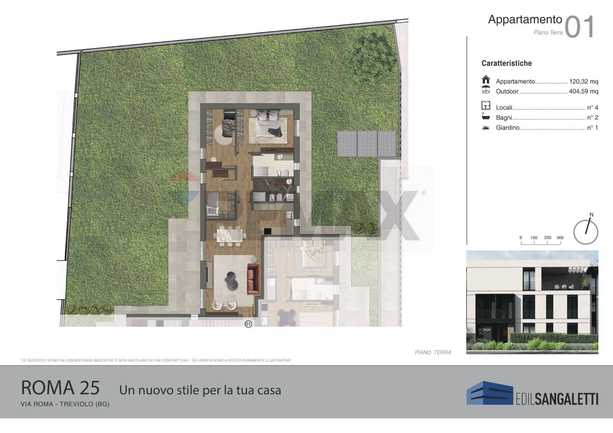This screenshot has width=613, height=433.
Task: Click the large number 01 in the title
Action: pyautogui.click(x=579, y=27)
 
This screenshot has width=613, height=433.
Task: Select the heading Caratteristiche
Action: pyautogui.click(x=506, y=63)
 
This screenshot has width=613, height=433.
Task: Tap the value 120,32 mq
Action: pyautogui.click(x=583, y=82)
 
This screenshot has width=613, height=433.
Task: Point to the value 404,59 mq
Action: pyautogui.click(x=583, y=92)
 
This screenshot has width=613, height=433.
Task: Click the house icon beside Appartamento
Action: pyautogui.click(x=486, y=79)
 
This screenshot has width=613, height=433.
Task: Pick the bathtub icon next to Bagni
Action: pyautogui.click(x=486, y=116)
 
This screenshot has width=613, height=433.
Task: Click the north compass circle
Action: pyautogui.click(x=586, y=232)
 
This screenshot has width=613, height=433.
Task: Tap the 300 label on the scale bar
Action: pyautogui.click(x=560, y=238)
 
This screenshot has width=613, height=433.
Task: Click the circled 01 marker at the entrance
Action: pyautogui.click(x=248, y=324)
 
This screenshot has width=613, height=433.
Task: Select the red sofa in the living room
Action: pyautogui.click(x=254, y=278)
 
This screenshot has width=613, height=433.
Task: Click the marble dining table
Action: pyautogui.click(x=230, y=236)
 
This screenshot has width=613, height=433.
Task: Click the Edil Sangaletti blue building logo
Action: pyautogui.click(x=489, y=393)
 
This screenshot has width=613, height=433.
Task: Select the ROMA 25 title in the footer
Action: pyautogui.click(x=60, y=388)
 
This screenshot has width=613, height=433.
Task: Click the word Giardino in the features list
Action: pyautogui.click(x=507, y=128)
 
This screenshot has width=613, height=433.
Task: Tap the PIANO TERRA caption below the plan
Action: pyautogui.click(x=433, y=352)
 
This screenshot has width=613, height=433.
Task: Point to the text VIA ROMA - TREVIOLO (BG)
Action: pyautogui.click(x=65, y=404)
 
